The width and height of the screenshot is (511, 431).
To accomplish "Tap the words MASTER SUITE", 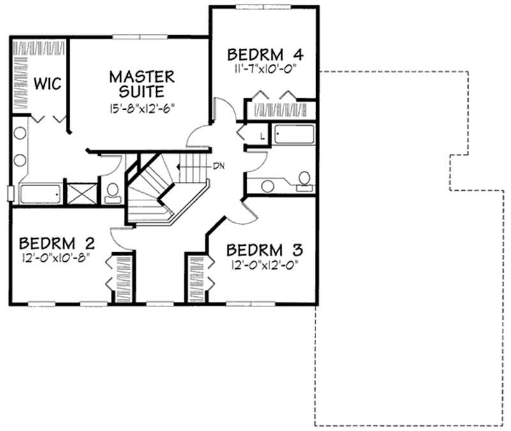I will (141, 84).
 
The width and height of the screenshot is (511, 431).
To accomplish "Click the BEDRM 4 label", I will (264, 53).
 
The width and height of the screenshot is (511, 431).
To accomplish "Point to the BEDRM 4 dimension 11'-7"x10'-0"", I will (264, 66).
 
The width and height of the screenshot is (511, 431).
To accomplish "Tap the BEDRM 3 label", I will (264, 249).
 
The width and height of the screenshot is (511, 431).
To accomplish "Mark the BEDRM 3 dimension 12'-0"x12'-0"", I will (264, 262).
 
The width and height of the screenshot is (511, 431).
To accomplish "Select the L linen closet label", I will (262, 136).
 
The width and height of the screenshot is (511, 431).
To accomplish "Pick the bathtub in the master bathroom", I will (40, 193).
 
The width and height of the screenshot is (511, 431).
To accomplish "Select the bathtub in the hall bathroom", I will (294, 135).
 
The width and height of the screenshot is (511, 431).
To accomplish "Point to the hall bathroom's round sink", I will (268, 185).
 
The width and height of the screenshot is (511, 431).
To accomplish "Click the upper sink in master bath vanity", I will (20, 135).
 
